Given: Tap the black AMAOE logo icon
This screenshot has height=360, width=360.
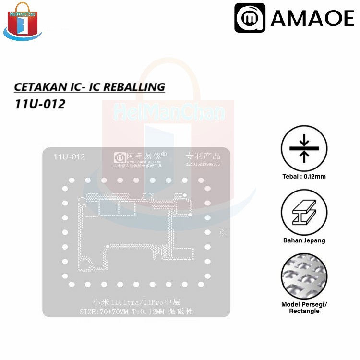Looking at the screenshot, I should pos(250,19).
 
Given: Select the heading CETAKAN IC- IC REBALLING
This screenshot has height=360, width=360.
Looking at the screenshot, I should pos(89,87).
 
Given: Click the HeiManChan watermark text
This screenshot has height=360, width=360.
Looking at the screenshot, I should pos(169,113).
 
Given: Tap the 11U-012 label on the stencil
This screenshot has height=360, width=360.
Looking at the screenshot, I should pos(69,157).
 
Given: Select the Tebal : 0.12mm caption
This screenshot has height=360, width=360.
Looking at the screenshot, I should pos(304,176).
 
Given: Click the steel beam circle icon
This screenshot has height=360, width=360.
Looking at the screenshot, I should pos(304,212).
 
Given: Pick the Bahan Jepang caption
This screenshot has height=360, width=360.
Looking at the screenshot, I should pos(304,240).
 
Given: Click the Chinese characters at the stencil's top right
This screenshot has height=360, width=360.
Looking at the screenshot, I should pos(203,156).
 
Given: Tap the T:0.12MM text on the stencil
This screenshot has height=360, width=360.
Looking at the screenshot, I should pos(155,312).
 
